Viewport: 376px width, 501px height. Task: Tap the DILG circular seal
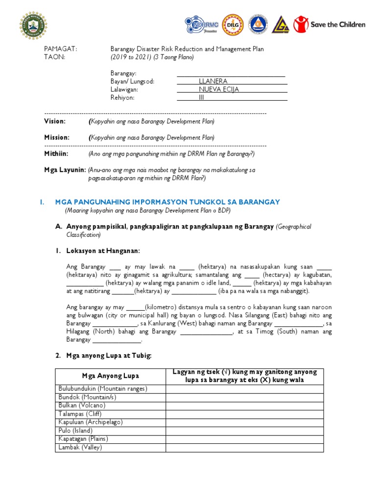[231, 23]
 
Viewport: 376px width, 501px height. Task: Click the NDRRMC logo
[202, 23]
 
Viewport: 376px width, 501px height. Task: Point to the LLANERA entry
[213, 81]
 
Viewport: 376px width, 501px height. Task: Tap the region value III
[201, 98]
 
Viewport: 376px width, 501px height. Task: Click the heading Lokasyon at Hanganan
[103, 251]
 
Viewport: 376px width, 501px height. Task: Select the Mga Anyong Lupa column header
[111, 376]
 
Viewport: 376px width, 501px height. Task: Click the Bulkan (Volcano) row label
[82, 406]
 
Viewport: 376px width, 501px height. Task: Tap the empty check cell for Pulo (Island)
[244, 431]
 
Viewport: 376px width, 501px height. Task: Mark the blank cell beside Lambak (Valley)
[244, 448]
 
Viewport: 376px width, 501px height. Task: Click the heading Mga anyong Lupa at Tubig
[109, 356]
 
